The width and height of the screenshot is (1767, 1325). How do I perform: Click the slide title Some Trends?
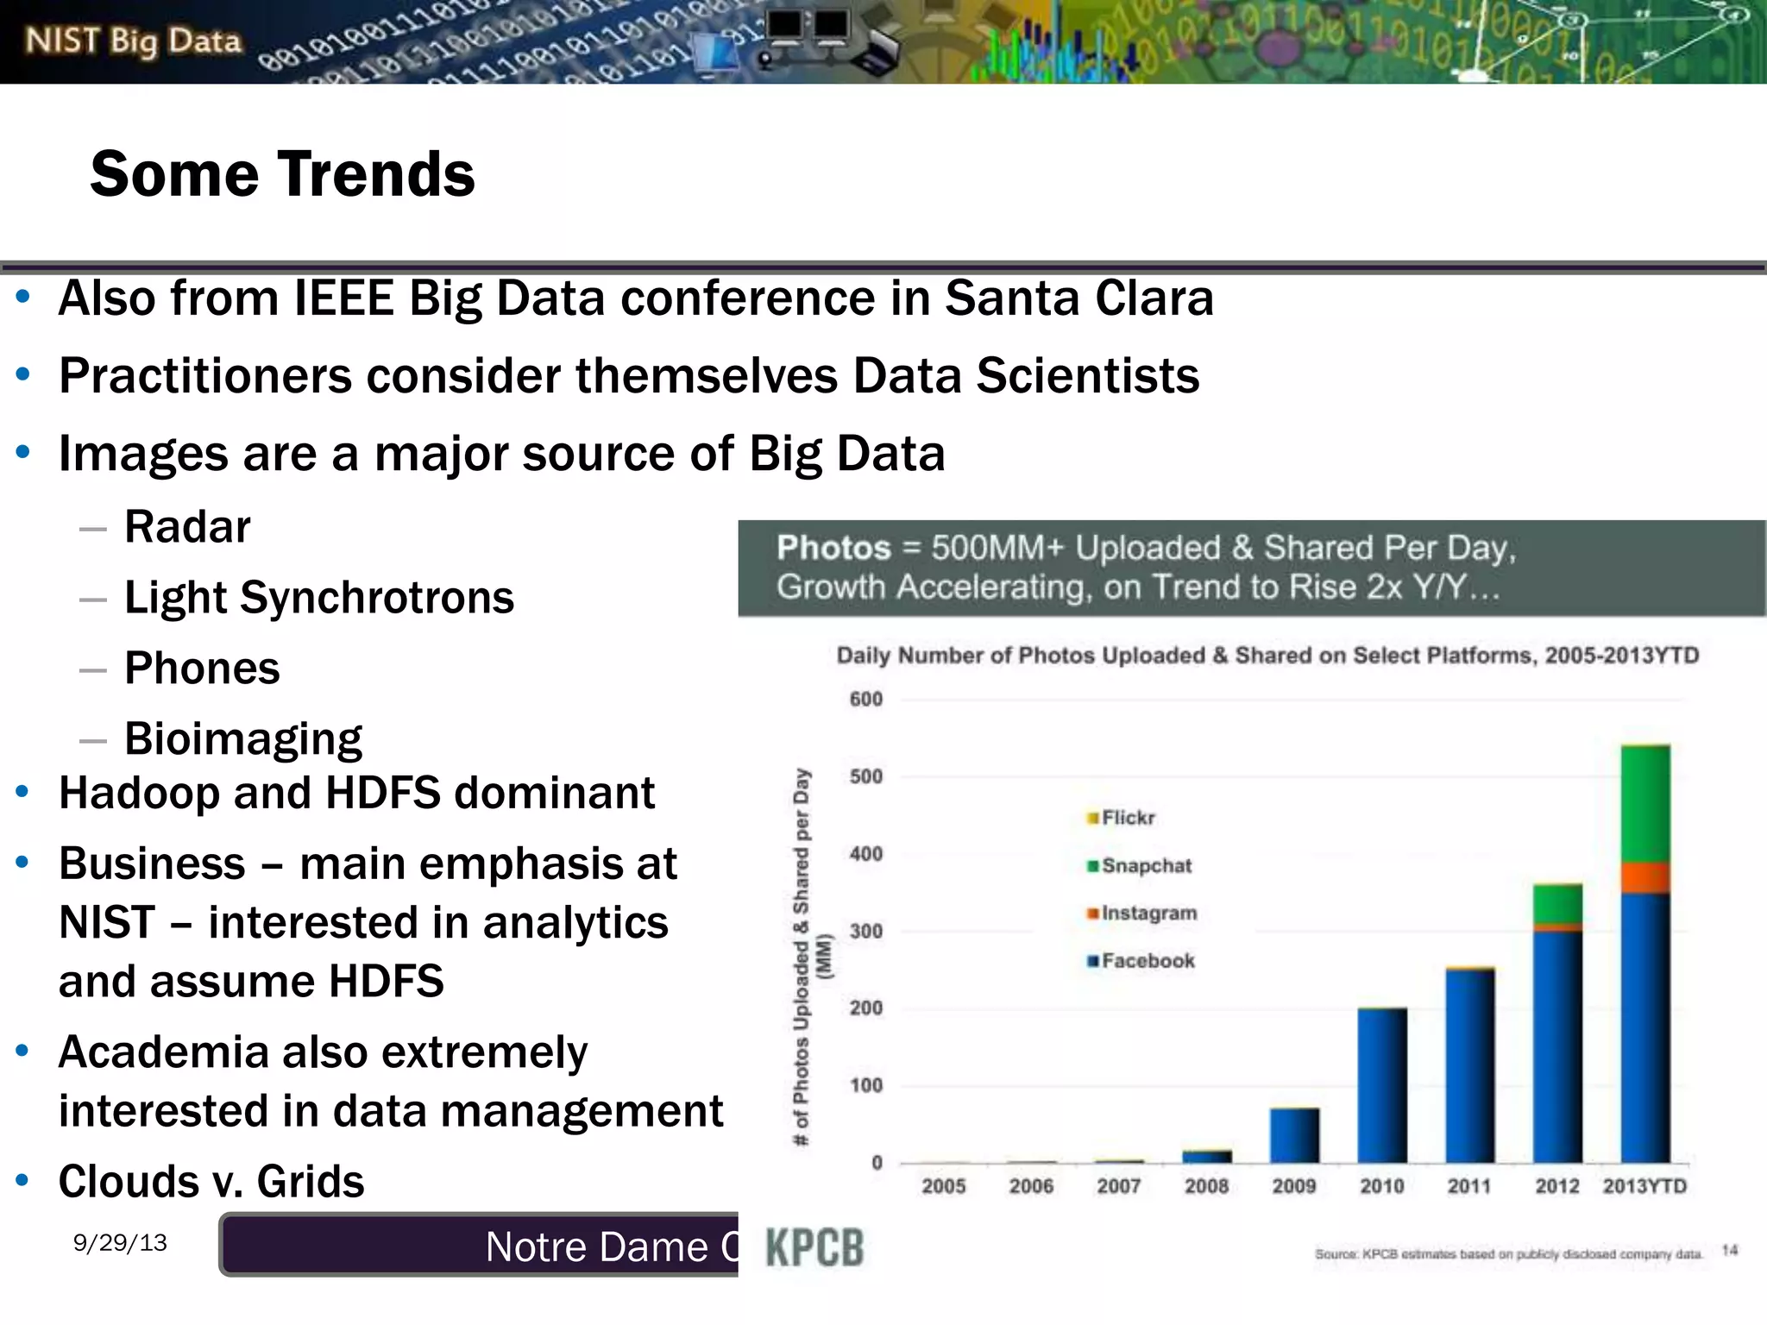coord(282,174)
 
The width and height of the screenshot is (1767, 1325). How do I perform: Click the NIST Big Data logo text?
coord(133,41)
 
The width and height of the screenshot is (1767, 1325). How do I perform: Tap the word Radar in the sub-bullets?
coord(187,526)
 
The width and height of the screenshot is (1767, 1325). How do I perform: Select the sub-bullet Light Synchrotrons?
coord(318,597)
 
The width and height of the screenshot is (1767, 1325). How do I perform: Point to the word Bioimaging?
coord(242,738)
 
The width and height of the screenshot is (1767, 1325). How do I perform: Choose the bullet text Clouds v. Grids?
coord(211,1181)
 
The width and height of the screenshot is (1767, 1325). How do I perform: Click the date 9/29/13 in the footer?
coord(120,1242)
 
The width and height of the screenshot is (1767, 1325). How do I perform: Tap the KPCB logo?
coord(814,1247)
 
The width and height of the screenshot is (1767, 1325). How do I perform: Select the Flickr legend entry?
coord(1126,817)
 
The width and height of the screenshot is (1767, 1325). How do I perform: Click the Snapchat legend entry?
coord(1145,865)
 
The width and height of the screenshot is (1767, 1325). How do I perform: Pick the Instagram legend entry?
coord(1148,913)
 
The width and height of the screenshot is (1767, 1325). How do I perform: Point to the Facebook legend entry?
coord(1147,961)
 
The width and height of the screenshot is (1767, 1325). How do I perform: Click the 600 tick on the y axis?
coord(865,699)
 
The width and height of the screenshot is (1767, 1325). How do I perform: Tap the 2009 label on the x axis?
coord(1293,1186)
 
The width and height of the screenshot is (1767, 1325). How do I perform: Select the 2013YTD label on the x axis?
coord(1644,1186)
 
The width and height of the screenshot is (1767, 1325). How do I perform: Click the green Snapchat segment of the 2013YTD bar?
coord(1645,802)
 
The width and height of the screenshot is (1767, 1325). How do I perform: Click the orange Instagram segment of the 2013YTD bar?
coord(1645,878)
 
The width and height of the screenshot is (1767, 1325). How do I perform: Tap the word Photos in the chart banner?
coord(833,548)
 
